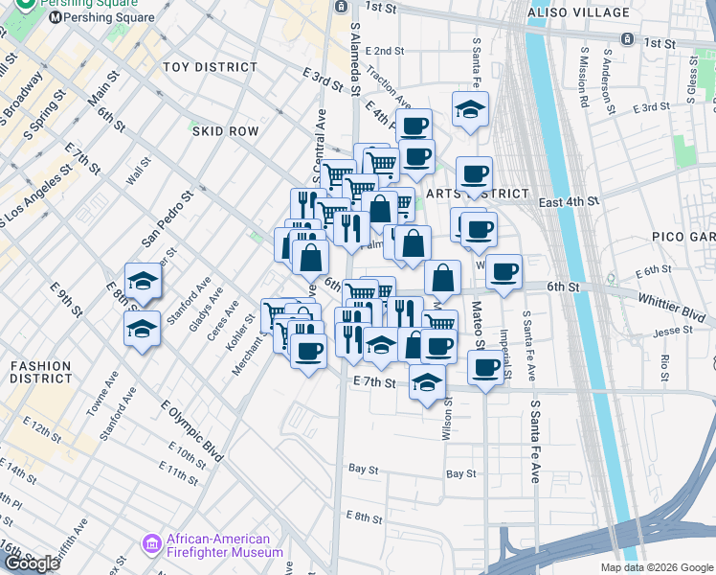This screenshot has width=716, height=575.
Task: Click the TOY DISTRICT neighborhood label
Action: [210, 67]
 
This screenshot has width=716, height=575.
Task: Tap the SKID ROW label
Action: [225, 130]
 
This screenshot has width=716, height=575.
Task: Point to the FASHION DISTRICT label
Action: [39, 372]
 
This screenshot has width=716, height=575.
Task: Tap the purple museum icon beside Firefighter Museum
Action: [151, 545]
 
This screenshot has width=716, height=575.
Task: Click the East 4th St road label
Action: [568, 202]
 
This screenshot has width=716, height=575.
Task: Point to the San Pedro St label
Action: [168, 215]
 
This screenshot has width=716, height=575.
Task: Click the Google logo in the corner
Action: [32, 563]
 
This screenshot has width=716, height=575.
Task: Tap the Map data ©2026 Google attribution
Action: [657, 567]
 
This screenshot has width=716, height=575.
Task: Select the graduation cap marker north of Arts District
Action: [471, 110]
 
